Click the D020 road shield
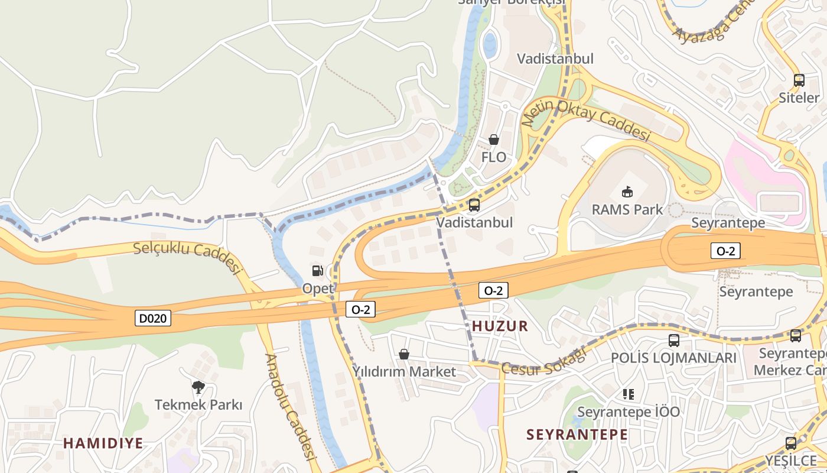154,319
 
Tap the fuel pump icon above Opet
318,271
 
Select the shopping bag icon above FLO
493,140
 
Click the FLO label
494,157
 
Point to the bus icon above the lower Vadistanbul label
474,205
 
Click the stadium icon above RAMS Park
627,192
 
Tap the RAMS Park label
627,209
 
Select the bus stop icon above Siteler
799,80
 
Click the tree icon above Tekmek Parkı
198,387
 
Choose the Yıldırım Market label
404,372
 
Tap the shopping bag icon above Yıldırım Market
404,354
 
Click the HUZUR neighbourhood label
500,326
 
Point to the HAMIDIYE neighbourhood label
103,443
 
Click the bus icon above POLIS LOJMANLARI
673,341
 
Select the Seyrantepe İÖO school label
629,412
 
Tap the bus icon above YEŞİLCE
790,443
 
